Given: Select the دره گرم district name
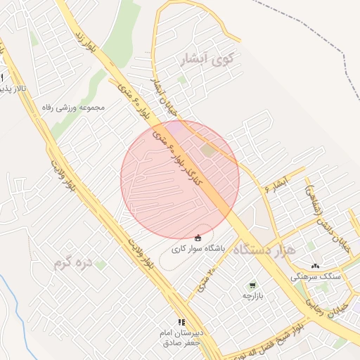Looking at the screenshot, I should [x=73, y=264].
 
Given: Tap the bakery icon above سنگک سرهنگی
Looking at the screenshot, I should [x=315, y=266].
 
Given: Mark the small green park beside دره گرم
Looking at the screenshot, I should [x=101, y=265].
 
